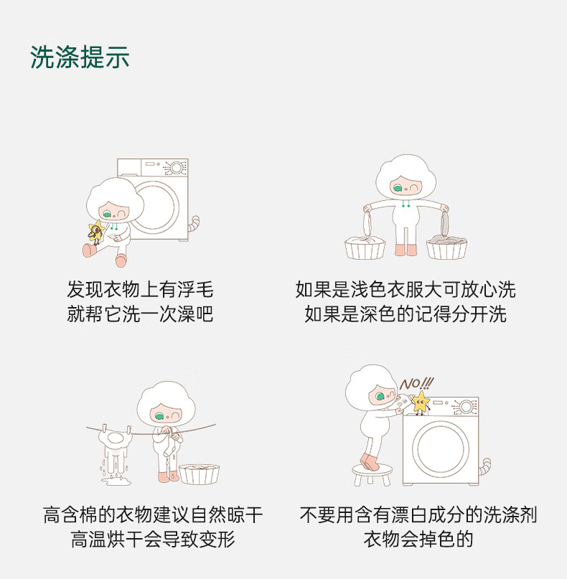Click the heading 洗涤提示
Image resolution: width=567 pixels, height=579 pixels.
(x=80, y=57)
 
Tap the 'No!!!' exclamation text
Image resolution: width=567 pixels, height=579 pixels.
(x=416, y=384)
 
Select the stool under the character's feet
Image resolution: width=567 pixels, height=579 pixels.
(x=372, y=474)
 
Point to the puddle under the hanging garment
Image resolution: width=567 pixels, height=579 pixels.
(x=116, y=481)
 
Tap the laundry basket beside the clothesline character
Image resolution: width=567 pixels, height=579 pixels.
(x=199, y=474)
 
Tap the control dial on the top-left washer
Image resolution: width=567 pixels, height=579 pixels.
(x=177, y=168)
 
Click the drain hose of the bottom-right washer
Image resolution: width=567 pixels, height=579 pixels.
(x=484, y=466)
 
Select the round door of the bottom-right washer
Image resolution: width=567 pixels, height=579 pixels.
(x=440, y=447)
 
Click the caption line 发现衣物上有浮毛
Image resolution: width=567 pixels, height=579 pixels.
(x=140, y=289)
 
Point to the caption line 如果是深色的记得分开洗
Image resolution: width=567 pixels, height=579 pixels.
(x=406, y=314)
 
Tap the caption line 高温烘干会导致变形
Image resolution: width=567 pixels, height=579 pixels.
(x=153, y=539)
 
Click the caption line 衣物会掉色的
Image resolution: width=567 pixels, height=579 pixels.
(x=418, y=539)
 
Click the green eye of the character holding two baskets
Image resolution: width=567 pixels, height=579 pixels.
(x=398, y=189)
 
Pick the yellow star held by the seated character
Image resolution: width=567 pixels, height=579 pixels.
(x=96, y=231)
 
